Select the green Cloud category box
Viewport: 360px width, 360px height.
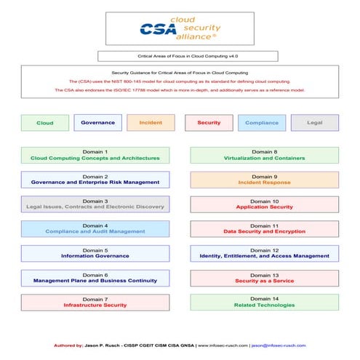(x=44, y=123)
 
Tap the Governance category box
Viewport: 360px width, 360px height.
(x=97, y=122)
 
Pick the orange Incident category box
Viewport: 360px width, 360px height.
(x=151, y=122)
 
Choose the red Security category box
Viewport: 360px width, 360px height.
(x=209, y=122)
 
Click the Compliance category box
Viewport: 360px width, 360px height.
(x=262, y=122)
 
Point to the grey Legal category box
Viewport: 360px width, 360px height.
(x=314, y=122)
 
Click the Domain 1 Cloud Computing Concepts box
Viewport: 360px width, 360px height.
(x=95, y=155)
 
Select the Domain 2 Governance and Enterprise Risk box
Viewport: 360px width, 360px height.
(x=95, y=180)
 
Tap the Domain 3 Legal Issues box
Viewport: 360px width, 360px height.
(x=95, y=204)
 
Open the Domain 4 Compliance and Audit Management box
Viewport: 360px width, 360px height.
(x=95, y=229)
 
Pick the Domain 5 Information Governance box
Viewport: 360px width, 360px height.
(x=95, y=253)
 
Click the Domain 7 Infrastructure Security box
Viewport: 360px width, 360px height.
(x=95, y=303)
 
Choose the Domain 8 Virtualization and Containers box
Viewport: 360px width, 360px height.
(x=264, y=155)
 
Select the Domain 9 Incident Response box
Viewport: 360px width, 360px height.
(x=264, y=180)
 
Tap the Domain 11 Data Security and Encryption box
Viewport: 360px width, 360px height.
(x=264, y=229)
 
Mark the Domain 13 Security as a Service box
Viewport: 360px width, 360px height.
(x=264, y=278)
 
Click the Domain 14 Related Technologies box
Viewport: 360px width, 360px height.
(x=264, y=303)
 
